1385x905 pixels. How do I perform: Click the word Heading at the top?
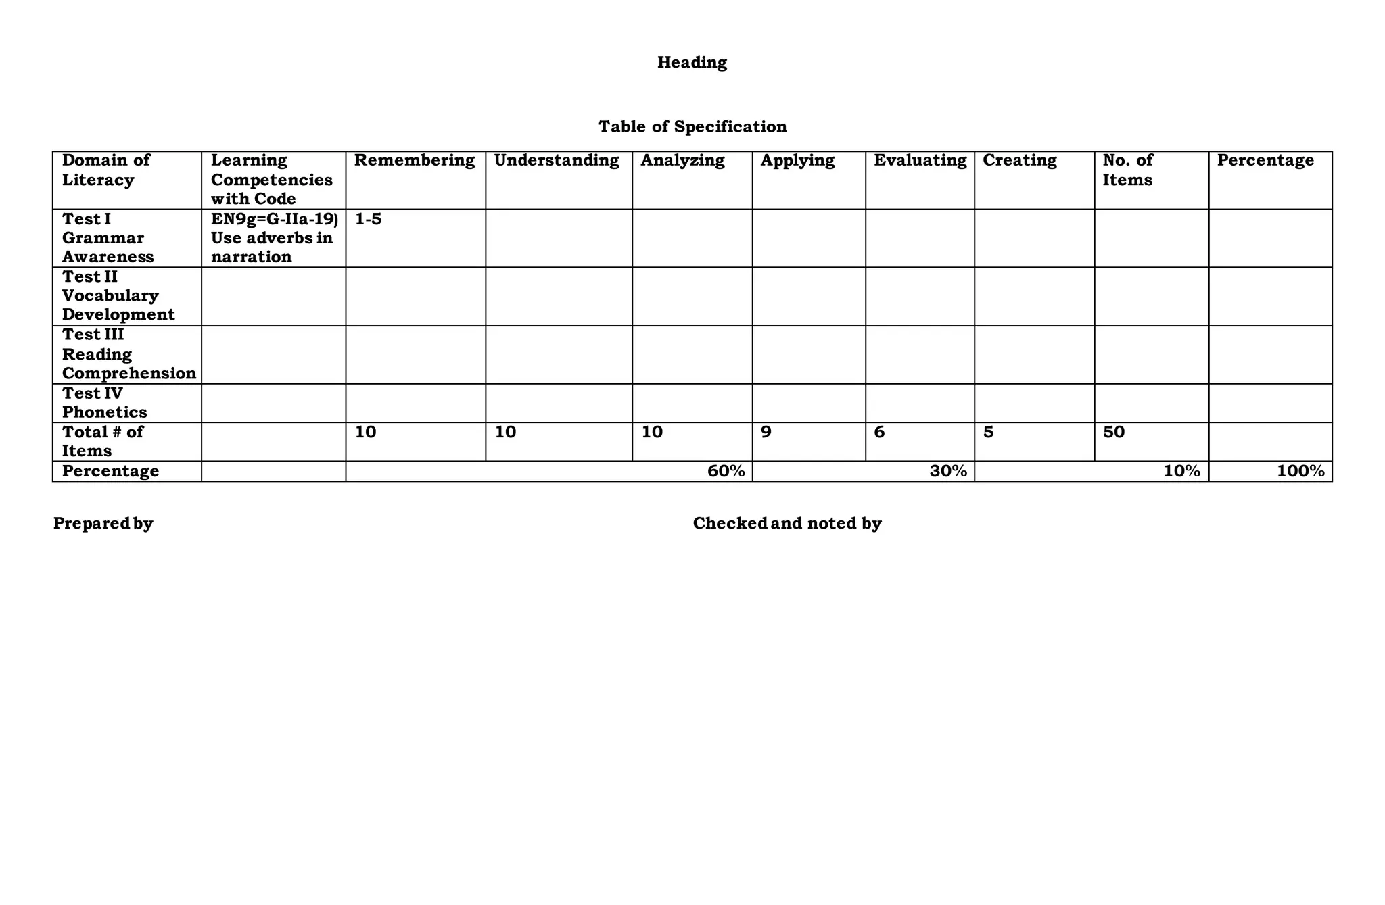click(692, 63)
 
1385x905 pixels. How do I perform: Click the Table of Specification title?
click(692, 127)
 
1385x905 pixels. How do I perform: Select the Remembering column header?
click(415, 161)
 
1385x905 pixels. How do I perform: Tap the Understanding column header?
click(557, 161)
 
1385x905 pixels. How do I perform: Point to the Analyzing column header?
click(682, 161)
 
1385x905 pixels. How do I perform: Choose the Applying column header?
click(797, 161)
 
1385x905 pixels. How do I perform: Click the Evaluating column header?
click(920, 161)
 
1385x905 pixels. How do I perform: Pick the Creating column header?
click(1019, 161)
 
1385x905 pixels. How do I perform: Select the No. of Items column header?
click(1127, 170)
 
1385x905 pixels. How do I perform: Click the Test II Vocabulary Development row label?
click(118, 296)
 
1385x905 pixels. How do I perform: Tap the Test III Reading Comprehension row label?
click(128, 354)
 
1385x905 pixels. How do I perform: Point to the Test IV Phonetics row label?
click(104, 403)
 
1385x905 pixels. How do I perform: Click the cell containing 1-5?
click(368, 219)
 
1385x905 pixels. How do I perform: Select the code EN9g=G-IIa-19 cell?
click(273, 219)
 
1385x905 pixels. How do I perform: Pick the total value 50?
click(1113, 432)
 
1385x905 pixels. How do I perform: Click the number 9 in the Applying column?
click(766, 432)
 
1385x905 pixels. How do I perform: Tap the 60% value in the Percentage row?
click(726, 472)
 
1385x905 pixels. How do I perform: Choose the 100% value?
click(1300, 472)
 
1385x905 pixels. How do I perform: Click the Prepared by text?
click(103, 524)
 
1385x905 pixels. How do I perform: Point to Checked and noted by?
click(787, 524)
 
